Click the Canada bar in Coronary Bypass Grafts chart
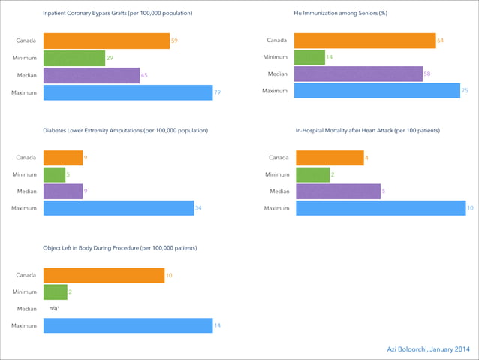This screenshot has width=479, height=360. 106,41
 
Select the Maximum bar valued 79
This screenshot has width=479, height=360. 128,92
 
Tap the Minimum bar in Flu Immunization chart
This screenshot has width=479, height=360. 309,58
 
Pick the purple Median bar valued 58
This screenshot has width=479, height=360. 358,74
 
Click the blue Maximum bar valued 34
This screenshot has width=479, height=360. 119,208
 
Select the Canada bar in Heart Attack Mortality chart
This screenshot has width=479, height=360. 330,158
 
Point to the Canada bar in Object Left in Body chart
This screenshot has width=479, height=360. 104,276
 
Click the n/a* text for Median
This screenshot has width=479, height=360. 54,309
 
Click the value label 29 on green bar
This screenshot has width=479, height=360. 110,58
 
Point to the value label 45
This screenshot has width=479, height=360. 144,75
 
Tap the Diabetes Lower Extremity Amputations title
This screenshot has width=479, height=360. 125,131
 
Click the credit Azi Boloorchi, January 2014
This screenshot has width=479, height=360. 427,349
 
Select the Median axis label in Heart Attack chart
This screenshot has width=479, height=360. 279,192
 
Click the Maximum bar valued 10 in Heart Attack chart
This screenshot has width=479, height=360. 381,208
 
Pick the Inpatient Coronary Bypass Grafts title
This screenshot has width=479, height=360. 117,14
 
